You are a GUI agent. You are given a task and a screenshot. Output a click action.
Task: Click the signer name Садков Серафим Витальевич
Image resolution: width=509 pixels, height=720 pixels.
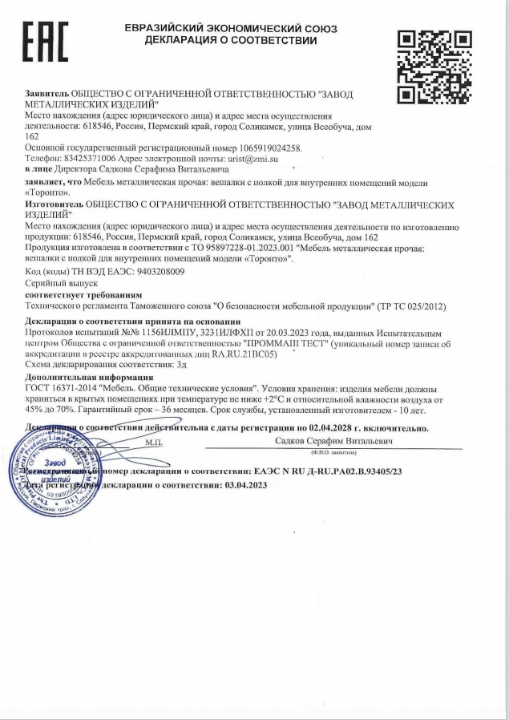pos(333,441)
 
